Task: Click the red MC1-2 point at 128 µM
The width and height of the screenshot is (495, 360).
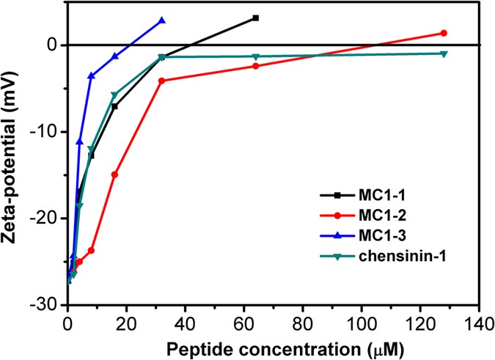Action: click(x=444, y=33)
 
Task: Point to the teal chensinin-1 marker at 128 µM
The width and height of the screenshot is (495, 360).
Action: click(x=444, y=54)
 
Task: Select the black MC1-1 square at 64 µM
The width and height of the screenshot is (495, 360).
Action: click(x=255, y=18)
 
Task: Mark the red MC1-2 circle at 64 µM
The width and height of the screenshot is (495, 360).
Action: click(x=255, y=66)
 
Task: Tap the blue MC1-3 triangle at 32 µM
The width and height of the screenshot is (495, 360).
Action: click(x=162, y=21)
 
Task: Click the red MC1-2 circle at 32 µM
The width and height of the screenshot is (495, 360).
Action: click(x=161, y=81)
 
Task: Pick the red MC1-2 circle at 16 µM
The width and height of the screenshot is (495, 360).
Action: click(x=114, y=175)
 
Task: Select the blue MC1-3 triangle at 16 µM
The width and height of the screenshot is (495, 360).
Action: click(x=114, y=56)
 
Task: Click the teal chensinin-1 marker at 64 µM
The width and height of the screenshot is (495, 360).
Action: click(x=255, y=56)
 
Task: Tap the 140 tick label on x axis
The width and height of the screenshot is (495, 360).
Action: click(x=478, y=321)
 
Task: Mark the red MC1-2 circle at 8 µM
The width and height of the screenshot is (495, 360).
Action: click(x=91, y=250)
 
